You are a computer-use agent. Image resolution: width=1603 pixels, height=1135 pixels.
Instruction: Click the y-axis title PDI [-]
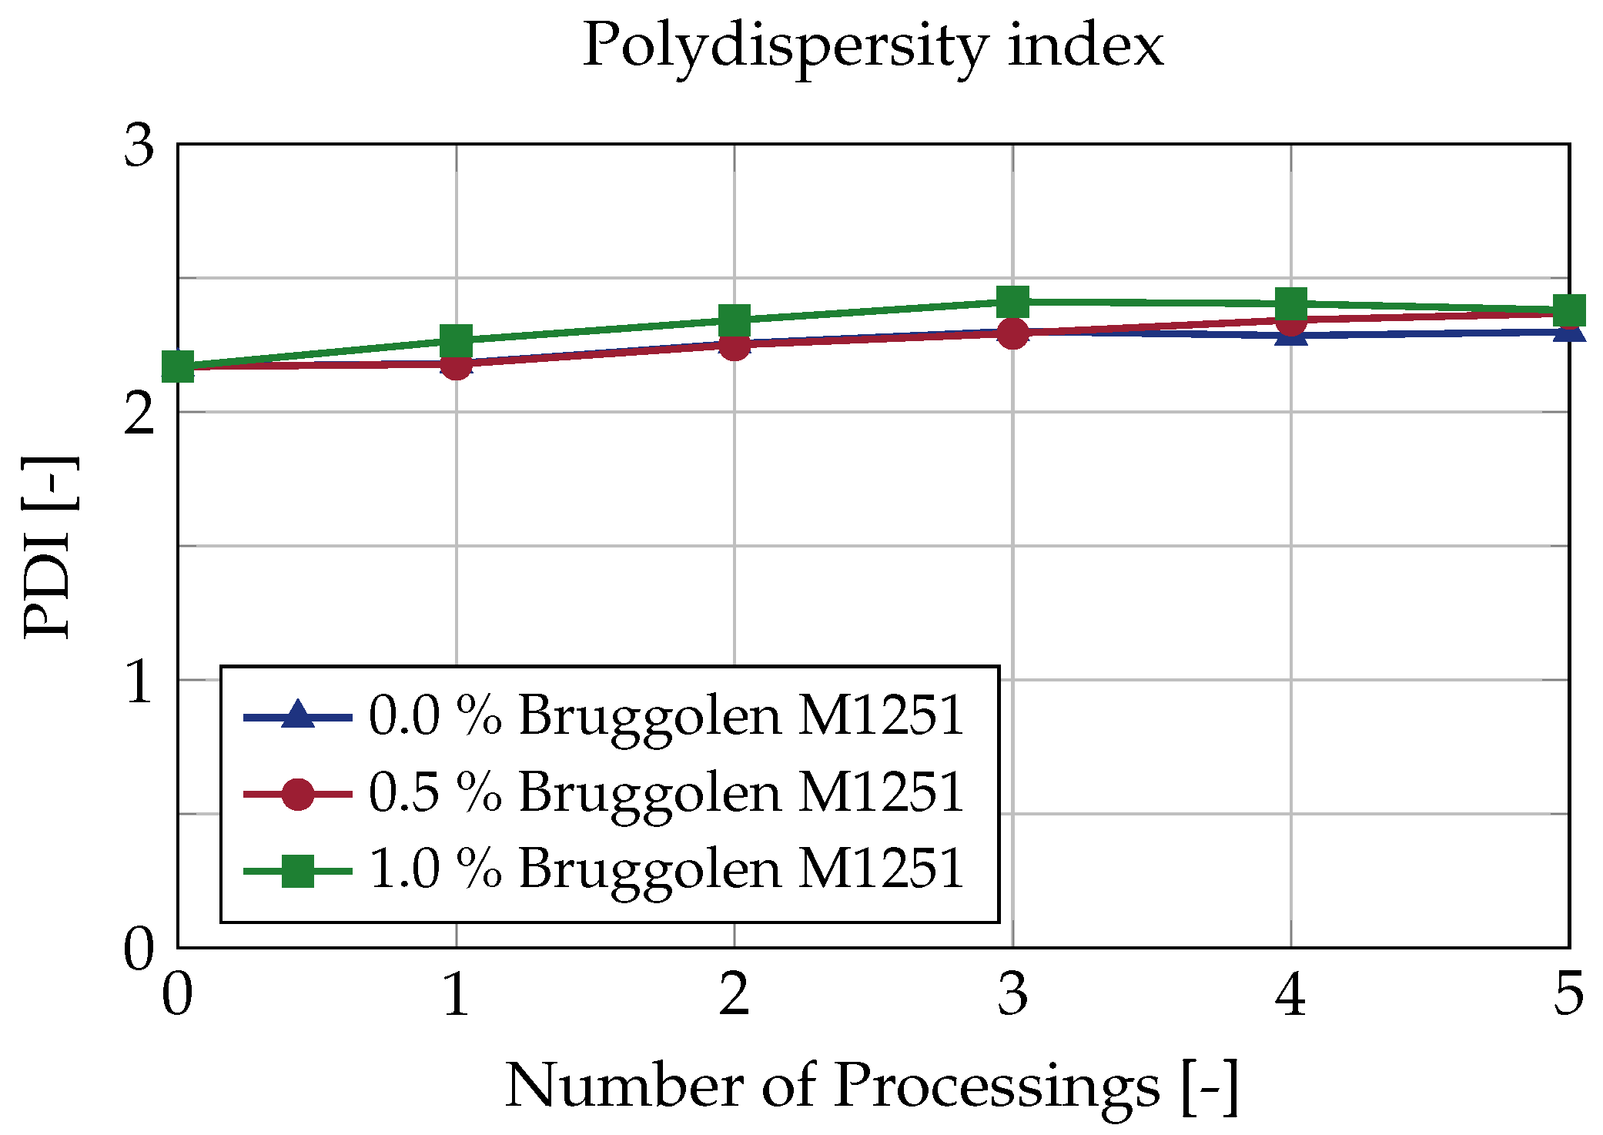tap(49, 547)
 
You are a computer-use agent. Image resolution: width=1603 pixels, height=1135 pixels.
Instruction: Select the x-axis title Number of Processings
tap(872, 1086)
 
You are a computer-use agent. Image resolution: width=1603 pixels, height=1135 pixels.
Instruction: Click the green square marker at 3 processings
tap(1012, 302)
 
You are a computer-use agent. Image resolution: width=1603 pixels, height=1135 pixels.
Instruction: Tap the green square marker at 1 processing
tap(456, 340)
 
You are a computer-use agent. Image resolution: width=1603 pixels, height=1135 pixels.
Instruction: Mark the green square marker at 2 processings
tap(734, 320)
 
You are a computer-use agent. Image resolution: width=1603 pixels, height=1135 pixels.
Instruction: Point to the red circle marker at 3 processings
tap(1012, 333)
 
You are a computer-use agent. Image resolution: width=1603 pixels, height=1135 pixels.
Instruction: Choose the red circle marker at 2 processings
tap(734, 345)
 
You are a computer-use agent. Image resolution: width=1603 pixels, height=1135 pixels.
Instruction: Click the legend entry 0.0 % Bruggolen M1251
tap(666, 716)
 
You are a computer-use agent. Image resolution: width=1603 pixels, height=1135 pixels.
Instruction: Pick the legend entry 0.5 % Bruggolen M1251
tap(666, 793)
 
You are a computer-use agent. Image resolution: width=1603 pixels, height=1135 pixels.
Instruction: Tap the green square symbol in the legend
tap(297, 871)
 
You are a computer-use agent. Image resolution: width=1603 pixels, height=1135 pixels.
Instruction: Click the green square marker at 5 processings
tap(1568, 310)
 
